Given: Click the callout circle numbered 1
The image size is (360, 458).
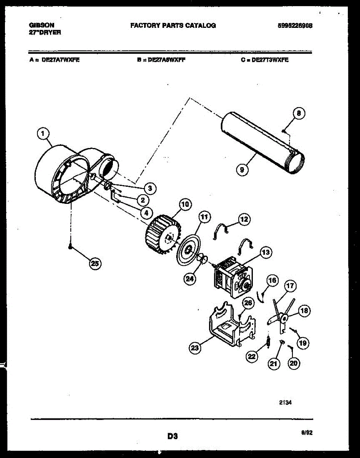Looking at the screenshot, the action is (x=43, y=134).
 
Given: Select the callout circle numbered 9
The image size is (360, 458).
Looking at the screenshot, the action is (x=242, y=169).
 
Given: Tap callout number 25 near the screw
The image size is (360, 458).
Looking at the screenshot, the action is (x=95, y=263).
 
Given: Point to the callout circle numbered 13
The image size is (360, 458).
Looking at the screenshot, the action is (x=266, y=252).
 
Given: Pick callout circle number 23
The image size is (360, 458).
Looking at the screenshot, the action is (x=195, y=347).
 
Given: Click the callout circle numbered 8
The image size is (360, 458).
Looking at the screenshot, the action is (x=299, y=113).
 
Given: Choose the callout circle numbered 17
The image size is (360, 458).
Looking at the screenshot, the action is (x=290, y=286).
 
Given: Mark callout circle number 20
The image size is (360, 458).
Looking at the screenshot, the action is (x=293, y=363).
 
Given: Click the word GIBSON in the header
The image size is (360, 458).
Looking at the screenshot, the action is (x=42, y=25).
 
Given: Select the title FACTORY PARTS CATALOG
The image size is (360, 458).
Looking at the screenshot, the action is (x=173, y=26).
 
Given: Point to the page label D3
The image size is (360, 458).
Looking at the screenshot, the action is (x=172, y=436).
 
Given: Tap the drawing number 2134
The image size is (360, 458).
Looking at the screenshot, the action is (x=288, y=402).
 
